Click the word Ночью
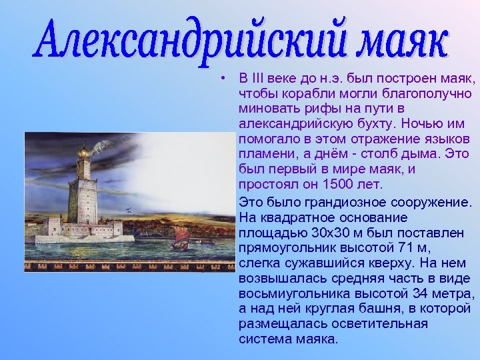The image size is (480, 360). coord(419,124)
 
